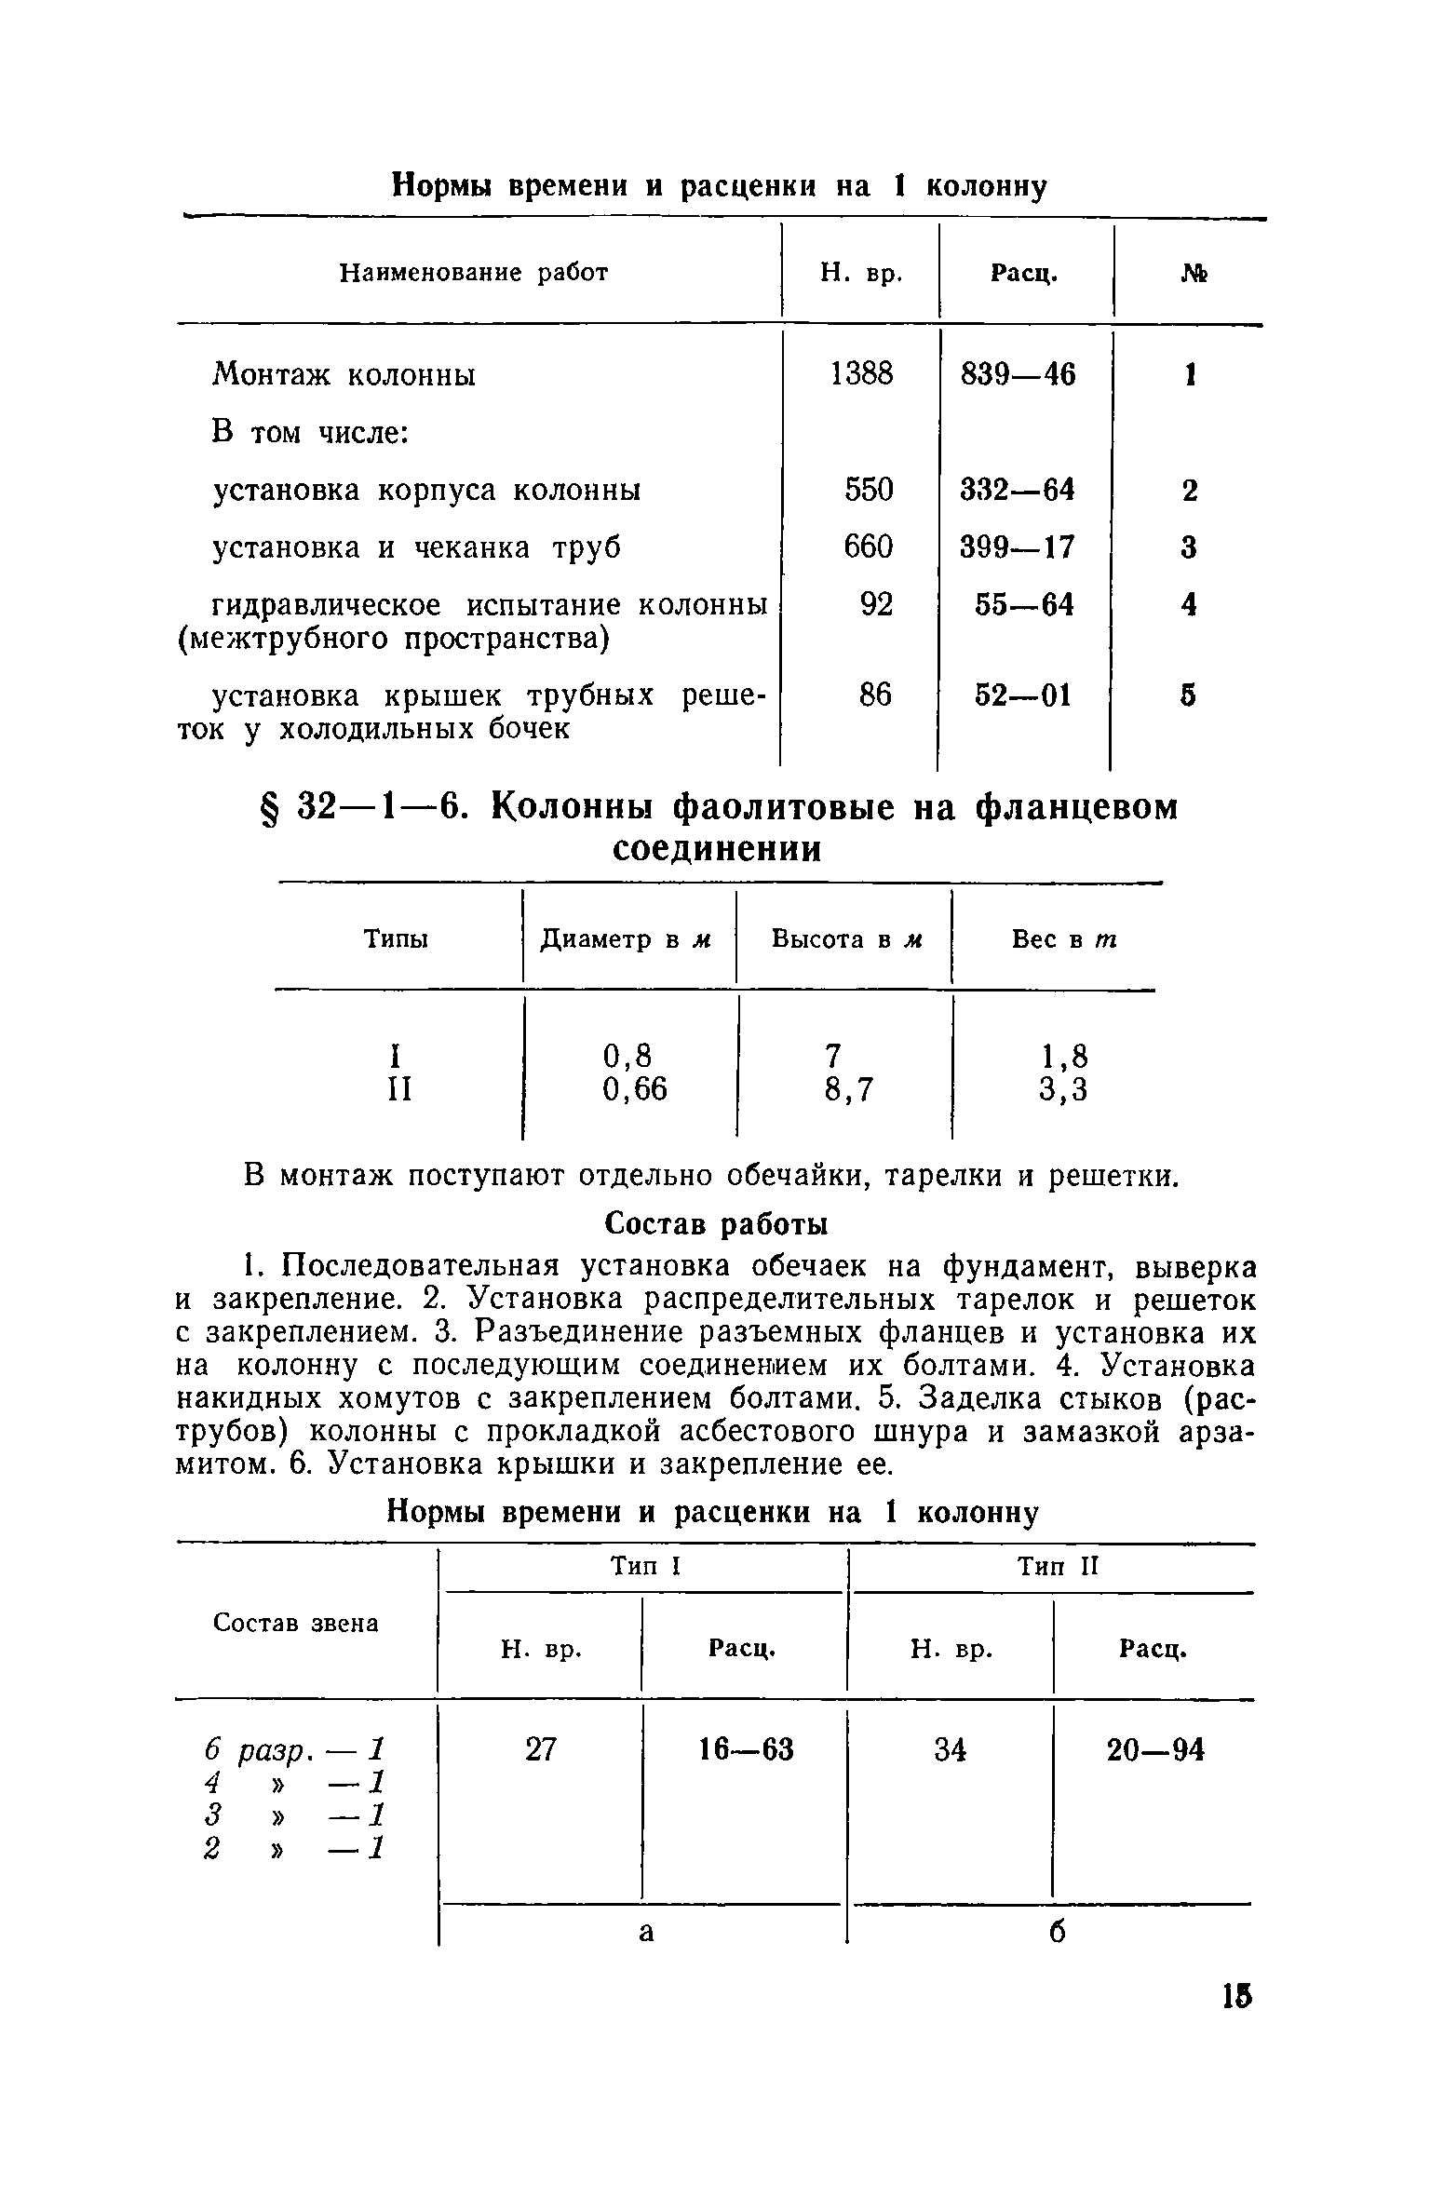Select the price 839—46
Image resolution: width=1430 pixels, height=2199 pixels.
coord(1018,374)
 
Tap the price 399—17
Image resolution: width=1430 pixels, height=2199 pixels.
coord(1018,547)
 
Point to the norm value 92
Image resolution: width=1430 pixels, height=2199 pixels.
coord(875,605)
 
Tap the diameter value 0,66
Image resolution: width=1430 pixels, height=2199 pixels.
coord(635,1088)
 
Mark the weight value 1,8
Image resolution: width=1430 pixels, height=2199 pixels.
coord(1063,1056)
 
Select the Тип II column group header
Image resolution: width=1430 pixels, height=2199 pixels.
coord(1059,1567)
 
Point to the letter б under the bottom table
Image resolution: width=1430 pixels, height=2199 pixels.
coord(1056,1933)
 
